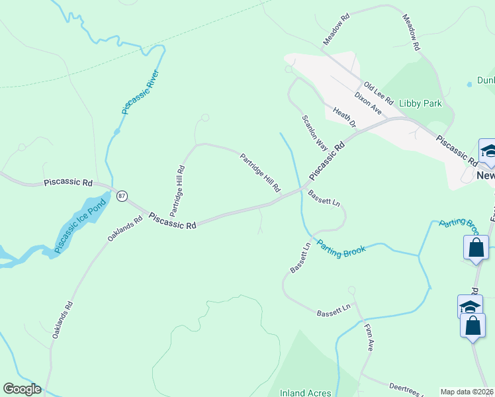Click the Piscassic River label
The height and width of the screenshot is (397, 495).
tap(141, 92)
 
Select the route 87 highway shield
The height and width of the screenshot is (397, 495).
tap(121, 196)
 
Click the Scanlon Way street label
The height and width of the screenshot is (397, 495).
tap(315, 132)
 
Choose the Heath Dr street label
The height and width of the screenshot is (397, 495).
tap(344, 118)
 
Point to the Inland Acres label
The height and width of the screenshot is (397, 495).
tap(305, 392)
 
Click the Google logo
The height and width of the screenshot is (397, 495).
tap(22, 389)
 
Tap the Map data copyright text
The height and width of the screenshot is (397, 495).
tap(467, 392)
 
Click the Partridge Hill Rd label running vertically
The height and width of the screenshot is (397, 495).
tap(177, 191)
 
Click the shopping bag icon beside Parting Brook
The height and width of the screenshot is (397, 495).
tap(476, 249)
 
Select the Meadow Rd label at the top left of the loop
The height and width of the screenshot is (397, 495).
tap(336, 31)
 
